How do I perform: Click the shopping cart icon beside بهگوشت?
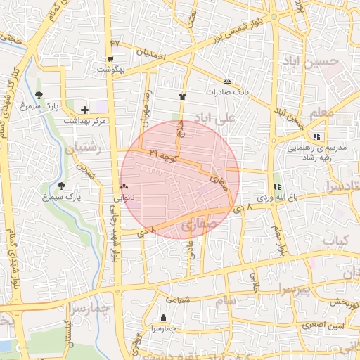110,59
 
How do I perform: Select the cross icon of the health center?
85,110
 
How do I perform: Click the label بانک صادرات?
228,92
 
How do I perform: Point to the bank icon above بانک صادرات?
227,81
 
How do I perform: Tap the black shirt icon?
183,96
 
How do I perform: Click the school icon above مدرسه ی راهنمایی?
317,136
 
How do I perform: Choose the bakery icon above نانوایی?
124,187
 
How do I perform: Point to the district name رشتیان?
83,149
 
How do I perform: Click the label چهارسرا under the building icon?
164,328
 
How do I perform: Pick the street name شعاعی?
179,299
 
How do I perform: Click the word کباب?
340,240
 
